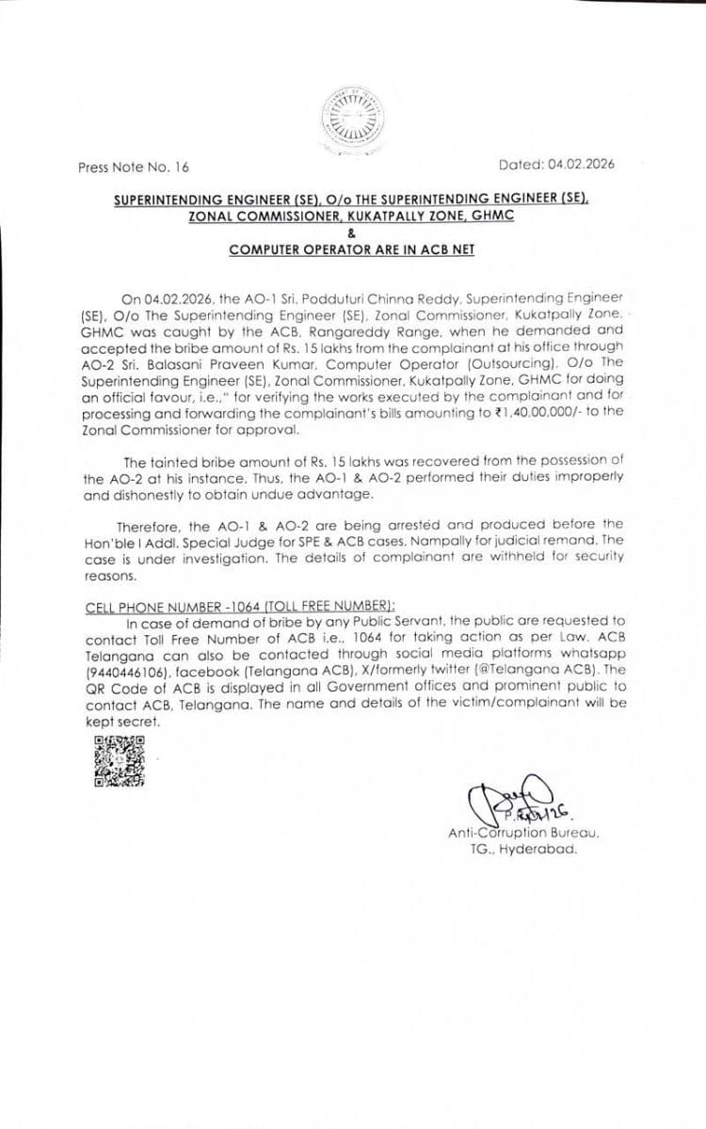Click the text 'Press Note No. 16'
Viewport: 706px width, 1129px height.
[x=134, y=167]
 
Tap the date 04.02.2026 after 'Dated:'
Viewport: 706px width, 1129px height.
[x=583, y=164]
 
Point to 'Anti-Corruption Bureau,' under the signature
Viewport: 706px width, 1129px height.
[x=524, y=833]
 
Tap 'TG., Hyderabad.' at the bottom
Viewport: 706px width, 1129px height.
[x=524, y=849]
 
